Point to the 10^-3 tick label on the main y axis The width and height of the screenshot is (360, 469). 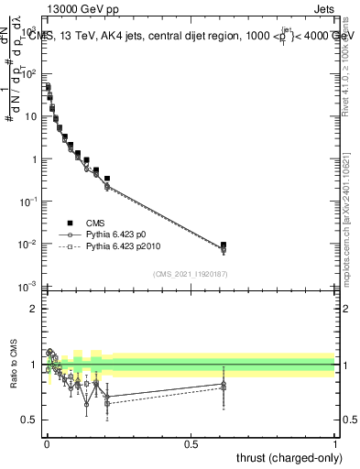[x=27, y=287]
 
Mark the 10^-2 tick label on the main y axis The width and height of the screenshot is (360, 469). [x=27, y=244]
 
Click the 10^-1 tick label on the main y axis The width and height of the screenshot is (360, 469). [x=27, y=202]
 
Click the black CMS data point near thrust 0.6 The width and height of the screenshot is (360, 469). [x=223, y=245]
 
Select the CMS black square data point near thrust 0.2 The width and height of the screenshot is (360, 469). [x=107, y=179]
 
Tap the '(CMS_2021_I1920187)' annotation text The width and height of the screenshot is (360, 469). [x=190, y=274]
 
